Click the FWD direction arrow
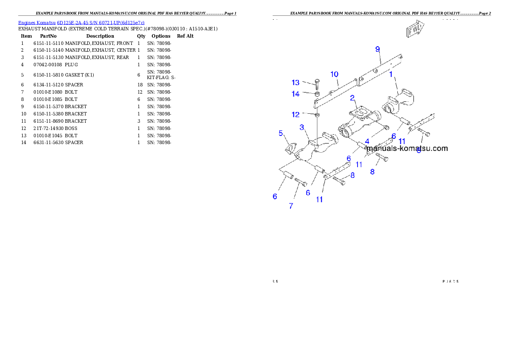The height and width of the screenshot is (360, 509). (415, 29)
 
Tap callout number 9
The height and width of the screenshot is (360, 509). (377, 50)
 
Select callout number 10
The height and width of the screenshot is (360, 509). (334, 74)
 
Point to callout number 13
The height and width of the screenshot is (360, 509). (296, 83)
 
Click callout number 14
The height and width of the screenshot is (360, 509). (296, 94)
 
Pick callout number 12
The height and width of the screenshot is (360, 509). (296, 115)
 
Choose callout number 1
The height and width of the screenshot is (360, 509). (391, 74)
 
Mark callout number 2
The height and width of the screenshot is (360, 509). (352, 98)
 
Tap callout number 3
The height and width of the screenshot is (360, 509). (302, 127)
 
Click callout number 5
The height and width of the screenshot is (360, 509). (281, 133)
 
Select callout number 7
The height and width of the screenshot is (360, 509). (291, 206)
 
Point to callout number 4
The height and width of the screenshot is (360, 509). (367, 141)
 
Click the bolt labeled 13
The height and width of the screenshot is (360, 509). (317, 84)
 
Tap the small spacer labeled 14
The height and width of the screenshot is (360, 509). (317, 94)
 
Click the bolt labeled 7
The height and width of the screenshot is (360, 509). (301, 183)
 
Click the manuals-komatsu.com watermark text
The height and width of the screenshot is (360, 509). (407, 149)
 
